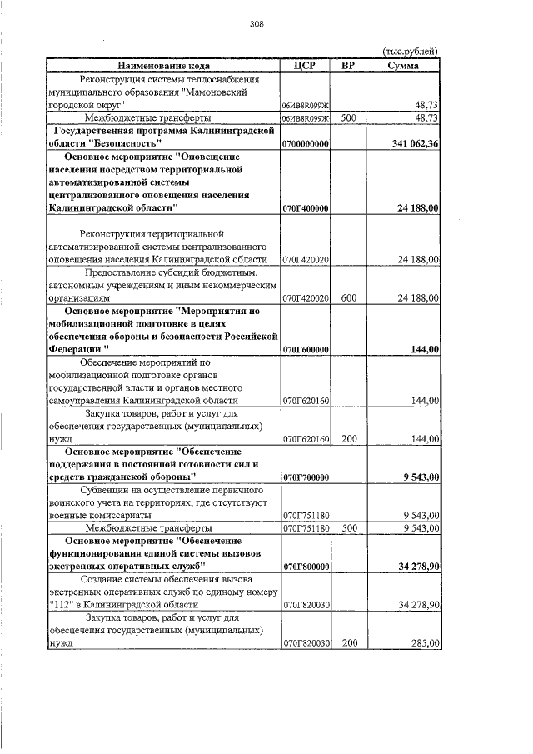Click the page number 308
coord(257,24)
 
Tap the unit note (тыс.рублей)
coord(410,52)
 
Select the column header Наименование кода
coord(163,65)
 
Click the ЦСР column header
coord(306,65)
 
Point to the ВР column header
coord(349,65)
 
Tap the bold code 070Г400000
coord(306,207)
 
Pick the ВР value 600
coord(349,297)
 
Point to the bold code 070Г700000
coord(306,477)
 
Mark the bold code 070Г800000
coord(306,567)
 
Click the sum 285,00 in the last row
coord(425,643)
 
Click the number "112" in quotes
coord(62,604)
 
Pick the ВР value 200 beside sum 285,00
coord(349,643)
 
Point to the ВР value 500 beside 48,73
coord(349,118)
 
